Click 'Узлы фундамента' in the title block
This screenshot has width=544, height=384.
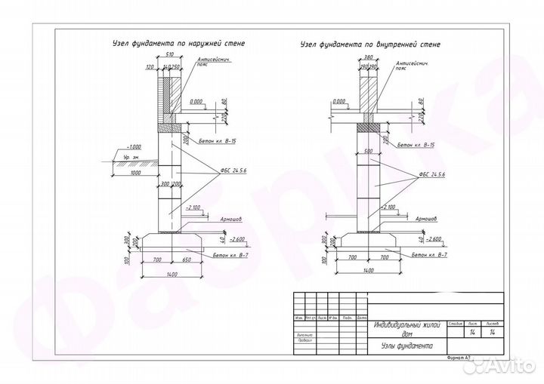403,346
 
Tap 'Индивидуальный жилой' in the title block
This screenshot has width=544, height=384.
406,325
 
